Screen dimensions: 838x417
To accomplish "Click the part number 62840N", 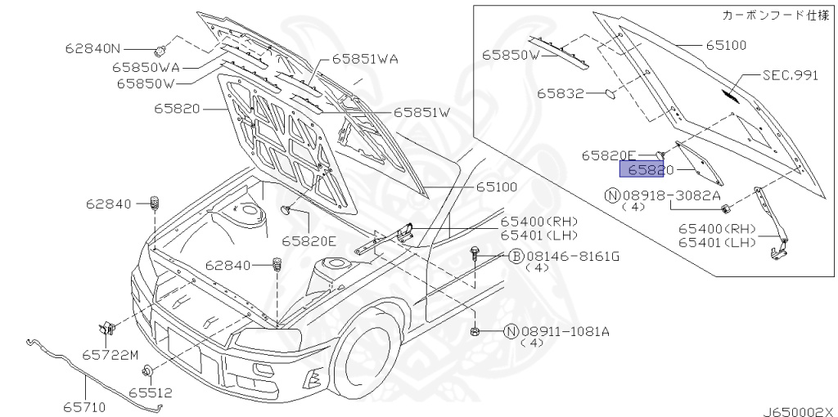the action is (93, 48).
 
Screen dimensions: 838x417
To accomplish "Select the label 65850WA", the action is (146, 67).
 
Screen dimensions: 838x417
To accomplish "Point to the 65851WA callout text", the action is (365, 59).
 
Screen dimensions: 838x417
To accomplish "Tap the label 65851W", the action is (422, 113).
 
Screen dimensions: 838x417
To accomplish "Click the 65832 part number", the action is (560, 93).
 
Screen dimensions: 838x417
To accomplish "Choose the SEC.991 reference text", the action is (790, 75).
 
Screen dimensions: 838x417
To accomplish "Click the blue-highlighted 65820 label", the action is (642, 169).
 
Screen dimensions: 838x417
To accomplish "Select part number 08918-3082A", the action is (671, 196).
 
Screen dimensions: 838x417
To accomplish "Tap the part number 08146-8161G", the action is (572, 257).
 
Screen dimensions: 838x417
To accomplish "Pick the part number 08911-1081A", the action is (565, 332).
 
